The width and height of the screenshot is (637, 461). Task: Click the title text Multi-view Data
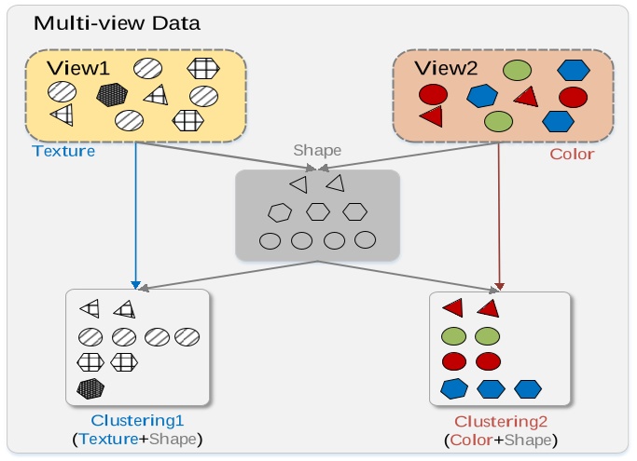[x=117, y=23]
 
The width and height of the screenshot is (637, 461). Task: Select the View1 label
[x=78, y=68]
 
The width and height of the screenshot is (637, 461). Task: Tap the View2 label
[x=446, y=68]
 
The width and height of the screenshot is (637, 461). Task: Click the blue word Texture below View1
[x=63, y=151]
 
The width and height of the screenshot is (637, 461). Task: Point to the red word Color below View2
[x=572, y=155]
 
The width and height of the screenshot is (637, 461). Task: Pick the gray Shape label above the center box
[x=317, y=151]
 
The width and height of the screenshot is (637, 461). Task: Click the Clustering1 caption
[x=137, y=421]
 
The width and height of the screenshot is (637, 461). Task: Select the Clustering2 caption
[x=501, y=422]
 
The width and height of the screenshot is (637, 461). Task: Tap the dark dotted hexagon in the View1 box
[x=112, y=95]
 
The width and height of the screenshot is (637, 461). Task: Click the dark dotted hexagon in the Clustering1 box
[x=90, y=388]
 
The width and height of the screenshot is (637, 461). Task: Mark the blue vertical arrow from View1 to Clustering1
[x=135, y=215]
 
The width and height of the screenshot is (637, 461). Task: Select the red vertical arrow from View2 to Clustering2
[x=499, y=217]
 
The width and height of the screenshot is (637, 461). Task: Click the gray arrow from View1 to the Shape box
[x=226, y=156]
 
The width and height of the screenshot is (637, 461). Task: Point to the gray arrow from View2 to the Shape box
[x=409, y=156]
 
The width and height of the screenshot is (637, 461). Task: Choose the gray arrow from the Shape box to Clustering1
[x=228, y=276]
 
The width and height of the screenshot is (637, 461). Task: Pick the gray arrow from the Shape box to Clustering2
[x=408, y=277]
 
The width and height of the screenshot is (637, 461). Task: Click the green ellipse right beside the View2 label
[x=517, y=70]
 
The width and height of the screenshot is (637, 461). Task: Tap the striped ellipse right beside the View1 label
[x=148, y=68]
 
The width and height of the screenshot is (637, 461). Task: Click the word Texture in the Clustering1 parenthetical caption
[x=108, y=439]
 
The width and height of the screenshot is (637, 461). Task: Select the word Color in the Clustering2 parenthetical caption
[x=471, y=441]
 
